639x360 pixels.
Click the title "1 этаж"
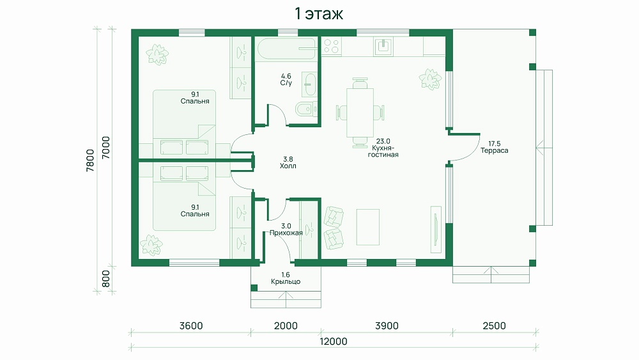pos(319,14)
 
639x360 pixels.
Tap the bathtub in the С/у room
pos(286,49)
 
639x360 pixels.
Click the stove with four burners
pos(331,47)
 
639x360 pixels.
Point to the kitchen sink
pos(383,46)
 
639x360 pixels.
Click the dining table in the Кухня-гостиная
pos(360,113)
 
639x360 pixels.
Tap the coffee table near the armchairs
pos(367,227)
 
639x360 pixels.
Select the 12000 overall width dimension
pos(334,341)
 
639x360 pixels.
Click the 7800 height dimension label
pos(90,160)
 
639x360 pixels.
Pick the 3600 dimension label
pos(191,325)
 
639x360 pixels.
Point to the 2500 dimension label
pos(495,325)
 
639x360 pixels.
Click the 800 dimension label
pos(105,279)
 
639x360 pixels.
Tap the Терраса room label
pos(495,150)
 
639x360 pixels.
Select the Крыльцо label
pos(286,282)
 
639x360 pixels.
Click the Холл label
pos(288,166)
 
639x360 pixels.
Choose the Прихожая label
pos(286,233)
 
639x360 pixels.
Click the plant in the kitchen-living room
pos(430,79)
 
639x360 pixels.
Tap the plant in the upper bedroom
pos(157,54)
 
